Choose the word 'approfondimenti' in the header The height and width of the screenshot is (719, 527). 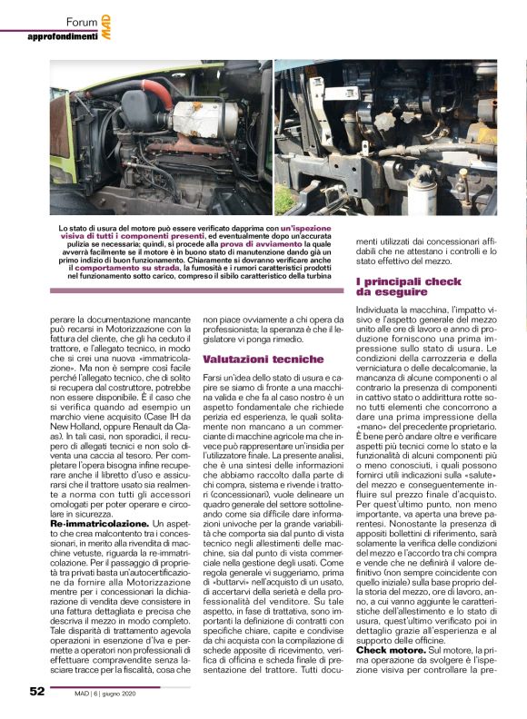(63, 36)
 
